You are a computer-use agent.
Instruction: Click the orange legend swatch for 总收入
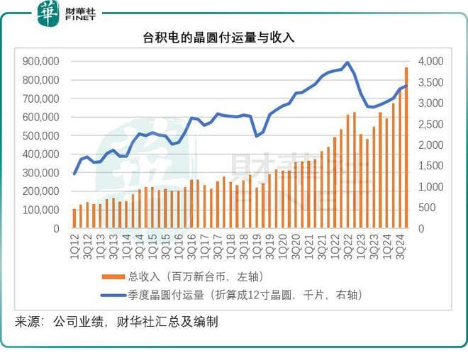[x=113, y=276]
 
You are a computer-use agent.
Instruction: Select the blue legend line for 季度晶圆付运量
[x=113, y=295]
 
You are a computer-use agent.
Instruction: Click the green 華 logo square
[x=48, y=13]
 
